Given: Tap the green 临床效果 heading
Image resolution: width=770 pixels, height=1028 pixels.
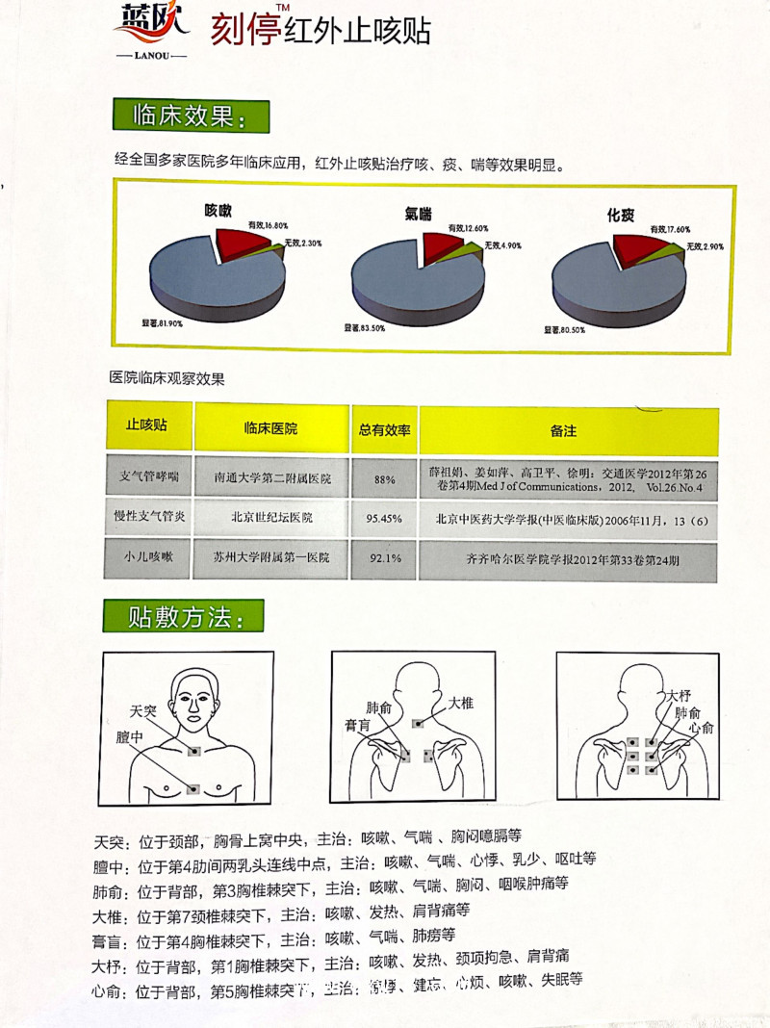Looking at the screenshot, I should (191, 117).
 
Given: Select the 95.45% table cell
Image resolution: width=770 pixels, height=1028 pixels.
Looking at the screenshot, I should (384, 518).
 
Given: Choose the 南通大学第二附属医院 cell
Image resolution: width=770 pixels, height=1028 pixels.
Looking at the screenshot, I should (272, 477).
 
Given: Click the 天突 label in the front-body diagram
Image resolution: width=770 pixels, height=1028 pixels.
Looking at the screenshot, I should (142, 712).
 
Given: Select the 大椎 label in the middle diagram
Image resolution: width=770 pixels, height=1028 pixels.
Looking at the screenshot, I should (461, 704).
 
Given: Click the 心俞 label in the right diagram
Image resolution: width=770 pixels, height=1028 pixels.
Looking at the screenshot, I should (701, 730).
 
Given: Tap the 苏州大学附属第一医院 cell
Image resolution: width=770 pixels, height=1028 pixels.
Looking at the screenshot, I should (272, 557).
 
